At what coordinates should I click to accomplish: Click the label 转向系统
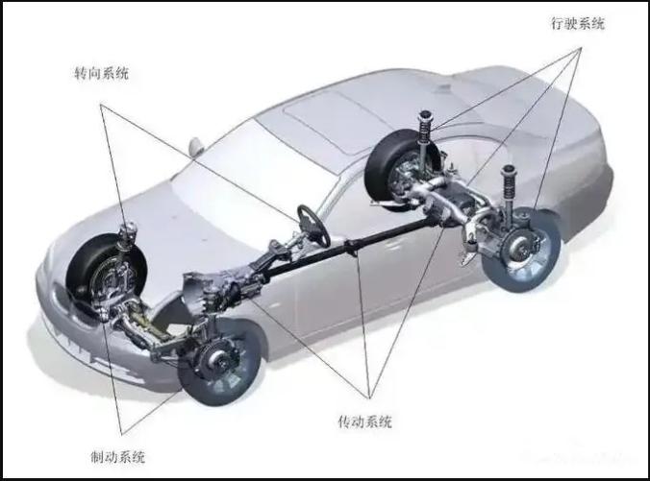[x=102, y=73]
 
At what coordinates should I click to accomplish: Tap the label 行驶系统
[x=578, y=23]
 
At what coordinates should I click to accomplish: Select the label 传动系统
[x=364, y=421]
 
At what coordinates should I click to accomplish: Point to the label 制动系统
[x=118, y=457]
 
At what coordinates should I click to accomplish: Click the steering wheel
[x=313, y=226]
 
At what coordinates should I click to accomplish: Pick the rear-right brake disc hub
[x=521, y=250]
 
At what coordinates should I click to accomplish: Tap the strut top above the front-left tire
[x=128, y=234]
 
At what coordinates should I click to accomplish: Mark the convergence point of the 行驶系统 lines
[x=581, y=48]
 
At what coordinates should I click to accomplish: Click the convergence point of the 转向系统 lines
[x=100, y=104]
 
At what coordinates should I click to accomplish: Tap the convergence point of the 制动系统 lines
[x=122, y=435]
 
